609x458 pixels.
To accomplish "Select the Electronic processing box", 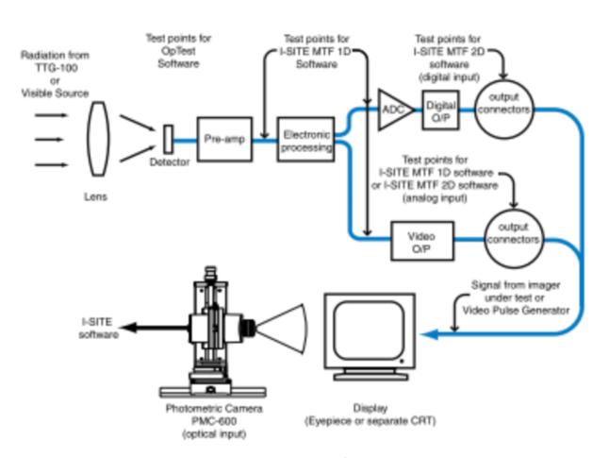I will pyautogui.click(x=306, y=142).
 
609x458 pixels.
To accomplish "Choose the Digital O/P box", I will pyautogui.click(x=440, y=111).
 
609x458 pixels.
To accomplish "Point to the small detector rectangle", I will pyautogui.click(x=169, y=138).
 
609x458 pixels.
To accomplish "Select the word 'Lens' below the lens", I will pyautogui.click(x=95, y=199).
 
